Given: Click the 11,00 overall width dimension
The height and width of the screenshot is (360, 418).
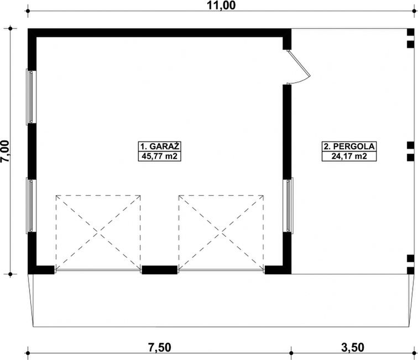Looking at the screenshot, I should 221,7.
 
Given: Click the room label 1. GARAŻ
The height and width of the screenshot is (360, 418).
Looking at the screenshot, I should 160,147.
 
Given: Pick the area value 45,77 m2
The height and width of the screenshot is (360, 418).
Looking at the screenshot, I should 160,156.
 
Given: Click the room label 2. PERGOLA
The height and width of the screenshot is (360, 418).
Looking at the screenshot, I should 349,147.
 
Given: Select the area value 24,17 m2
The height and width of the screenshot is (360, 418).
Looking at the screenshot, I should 349,156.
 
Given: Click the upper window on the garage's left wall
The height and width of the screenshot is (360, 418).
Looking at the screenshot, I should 32,97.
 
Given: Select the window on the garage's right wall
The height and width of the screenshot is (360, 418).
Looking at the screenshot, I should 288,206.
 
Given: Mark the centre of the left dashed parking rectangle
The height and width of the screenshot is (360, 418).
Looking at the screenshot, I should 98,232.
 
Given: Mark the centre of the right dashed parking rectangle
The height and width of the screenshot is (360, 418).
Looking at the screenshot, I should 221,232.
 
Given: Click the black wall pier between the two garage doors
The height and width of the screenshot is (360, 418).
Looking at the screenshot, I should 159,270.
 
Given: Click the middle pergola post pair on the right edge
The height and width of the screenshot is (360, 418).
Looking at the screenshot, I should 410,150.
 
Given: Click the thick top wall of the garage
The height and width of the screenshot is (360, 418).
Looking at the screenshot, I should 160,32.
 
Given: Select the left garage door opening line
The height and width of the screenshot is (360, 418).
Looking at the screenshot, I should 98,271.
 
